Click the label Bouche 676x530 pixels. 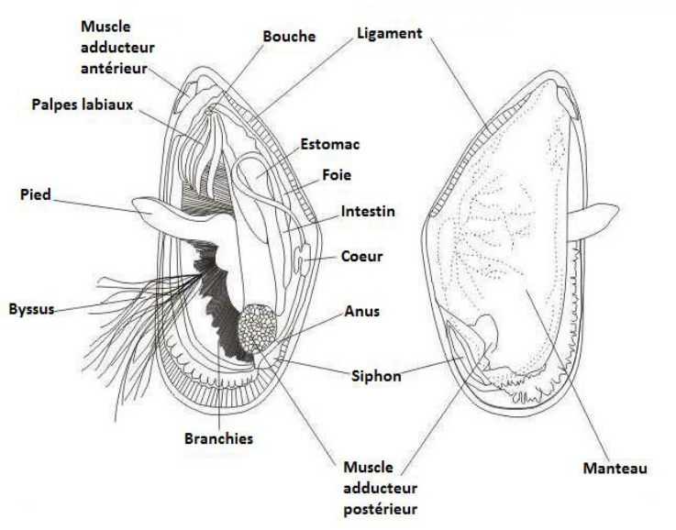coord(289,37)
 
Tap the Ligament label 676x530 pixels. coord(389,34)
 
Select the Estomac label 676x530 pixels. coord(329,144)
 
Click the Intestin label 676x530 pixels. coord(368,212)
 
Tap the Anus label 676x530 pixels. coord(361,312)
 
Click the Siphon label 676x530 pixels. coord(376,375)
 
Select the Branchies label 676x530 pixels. coord(219,439)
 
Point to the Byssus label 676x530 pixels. coord(30,308)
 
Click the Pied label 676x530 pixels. coord(36,194)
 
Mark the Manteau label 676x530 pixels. coord(615,469)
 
